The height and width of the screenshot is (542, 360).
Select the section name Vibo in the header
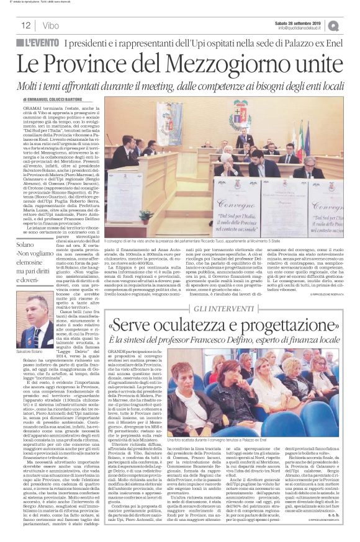52,25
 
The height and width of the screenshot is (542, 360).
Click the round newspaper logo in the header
351,25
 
